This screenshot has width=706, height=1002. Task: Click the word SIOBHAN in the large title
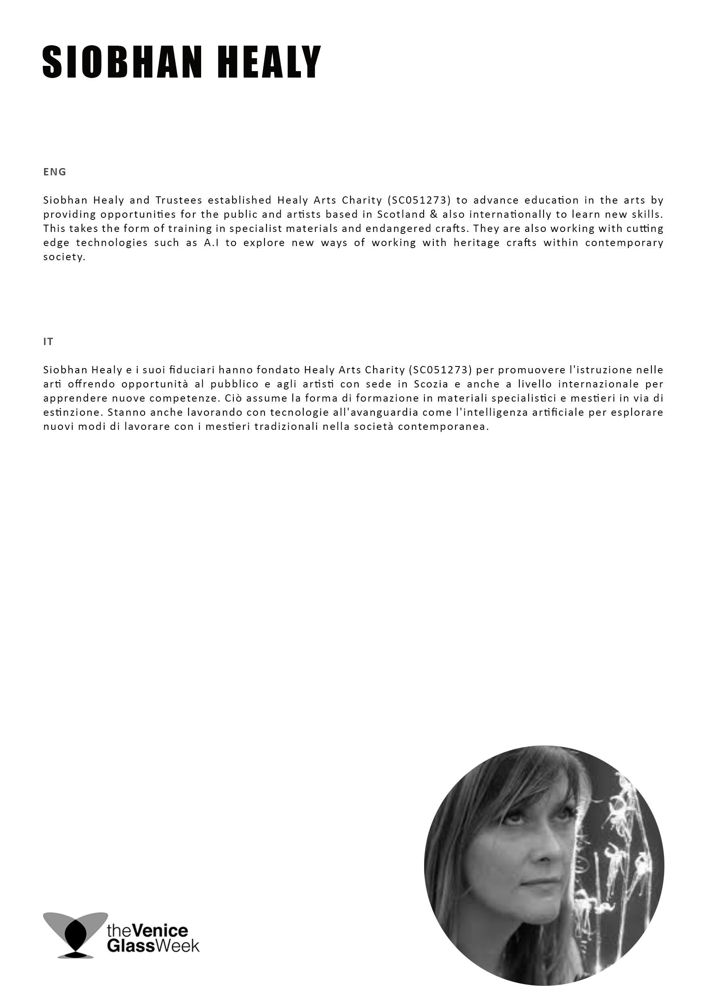(x=122, y=62)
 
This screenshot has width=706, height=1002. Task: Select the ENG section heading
(x=55, y=172)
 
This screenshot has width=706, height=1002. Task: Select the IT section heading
(x=48, y=342)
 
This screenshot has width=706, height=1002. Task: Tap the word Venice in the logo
(x=160, y=931)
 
